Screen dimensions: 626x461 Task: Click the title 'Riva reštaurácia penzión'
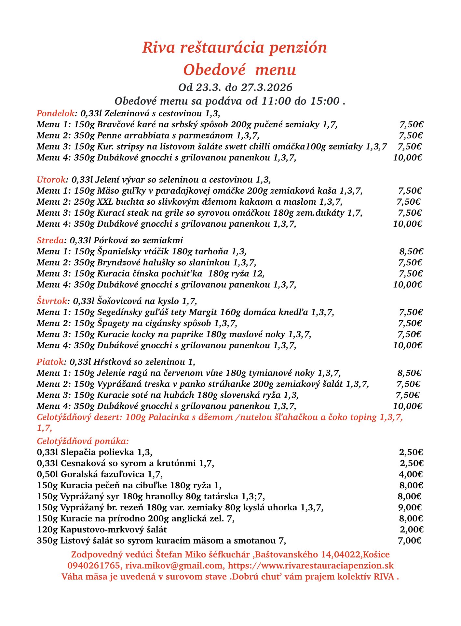234,48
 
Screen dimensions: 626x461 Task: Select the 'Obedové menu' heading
239,70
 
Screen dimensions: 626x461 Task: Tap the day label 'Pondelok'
56,114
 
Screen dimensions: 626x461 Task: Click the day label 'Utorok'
51,180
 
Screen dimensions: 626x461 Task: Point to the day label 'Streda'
50,240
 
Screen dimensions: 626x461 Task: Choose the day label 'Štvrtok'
52,301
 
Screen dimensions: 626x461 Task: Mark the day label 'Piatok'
50,362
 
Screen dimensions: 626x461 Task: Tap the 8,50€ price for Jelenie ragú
410,373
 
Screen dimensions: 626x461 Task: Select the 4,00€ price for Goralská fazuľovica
411,474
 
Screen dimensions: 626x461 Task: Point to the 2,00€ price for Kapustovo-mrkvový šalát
412,530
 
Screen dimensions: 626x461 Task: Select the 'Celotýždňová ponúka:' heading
83,441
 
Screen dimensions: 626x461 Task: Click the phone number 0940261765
94,566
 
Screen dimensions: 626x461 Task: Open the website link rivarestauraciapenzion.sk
311,566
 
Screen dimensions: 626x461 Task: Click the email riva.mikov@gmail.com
174,566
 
